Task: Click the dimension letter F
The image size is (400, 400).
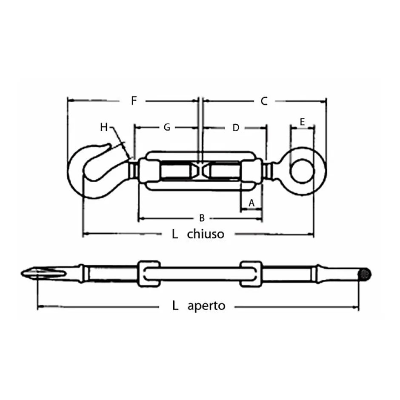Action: [134, 101]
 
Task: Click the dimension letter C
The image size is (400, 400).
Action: [264, 101]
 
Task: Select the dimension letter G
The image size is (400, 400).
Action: [167, 127]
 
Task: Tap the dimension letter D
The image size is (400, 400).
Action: [236, 127]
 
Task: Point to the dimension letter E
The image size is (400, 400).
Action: [302, 122]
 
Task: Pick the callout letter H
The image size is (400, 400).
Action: [104, 127]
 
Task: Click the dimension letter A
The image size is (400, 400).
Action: [251, 203]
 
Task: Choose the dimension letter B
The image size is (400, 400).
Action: [202, 218]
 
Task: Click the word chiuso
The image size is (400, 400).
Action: [206, 234]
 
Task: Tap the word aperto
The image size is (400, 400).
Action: [206, 306]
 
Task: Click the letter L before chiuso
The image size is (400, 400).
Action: [175, 234]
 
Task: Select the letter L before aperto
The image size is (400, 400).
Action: [175, 306]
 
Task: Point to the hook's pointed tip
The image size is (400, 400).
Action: [114, 146]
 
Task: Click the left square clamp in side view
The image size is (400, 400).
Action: [148, 274]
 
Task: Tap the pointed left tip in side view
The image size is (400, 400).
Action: [24, 273]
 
